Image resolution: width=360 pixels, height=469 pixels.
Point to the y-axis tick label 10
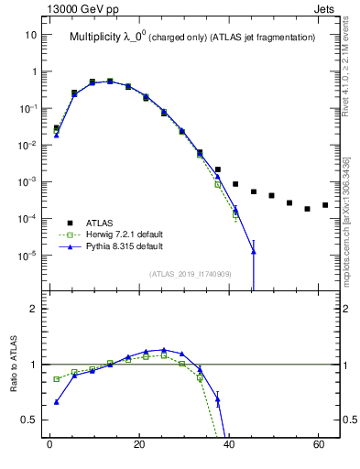pyautogui.click(x=30, y=35)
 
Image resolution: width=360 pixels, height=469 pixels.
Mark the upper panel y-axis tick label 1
pyautogui.click(x=33, y=71)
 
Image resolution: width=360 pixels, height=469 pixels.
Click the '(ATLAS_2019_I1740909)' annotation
pyautogui.click(x=191, y=274)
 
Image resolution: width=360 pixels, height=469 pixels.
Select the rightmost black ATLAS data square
pyautogui.click(x=325, y=205)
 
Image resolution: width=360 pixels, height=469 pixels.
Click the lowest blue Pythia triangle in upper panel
pyautogui.click(x=253, y=251)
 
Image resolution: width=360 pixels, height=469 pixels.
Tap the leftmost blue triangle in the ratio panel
pyautogui.click(x=57, y=401)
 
